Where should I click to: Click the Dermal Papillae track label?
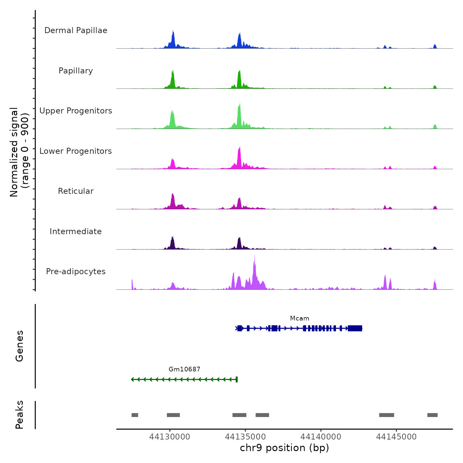76,30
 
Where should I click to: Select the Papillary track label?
76,71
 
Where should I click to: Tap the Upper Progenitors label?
76,111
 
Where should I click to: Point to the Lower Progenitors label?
76,151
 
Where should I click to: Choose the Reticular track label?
76,191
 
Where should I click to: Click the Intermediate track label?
76,232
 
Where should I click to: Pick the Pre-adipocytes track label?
76,272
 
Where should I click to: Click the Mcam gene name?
300,318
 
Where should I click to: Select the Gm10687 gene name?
185,369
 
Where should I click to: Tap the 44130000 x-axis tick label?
170,437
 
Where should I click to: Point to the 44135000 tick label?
245,437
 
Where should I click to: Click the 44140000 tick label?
321,437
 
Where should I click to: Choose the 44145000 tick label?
396,437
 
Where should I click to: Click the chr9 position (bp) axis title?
284,448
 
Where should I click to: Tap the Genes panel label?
20,346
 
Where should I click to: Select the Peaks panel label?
20,415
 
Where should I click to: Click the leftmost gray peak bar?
135,415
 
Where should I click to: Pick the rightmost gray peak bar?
432,415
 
